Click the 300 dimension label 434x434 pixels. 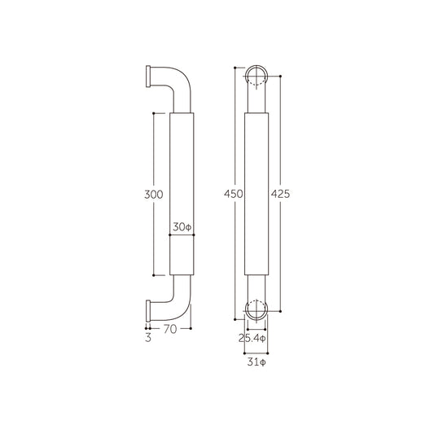[x=153, y=195]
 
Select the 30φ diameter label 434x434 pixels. [x=181, y=227]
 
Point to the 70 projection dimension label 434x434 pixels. [x=170, y=330]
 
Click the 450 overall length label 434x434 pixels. [x=234, y=195]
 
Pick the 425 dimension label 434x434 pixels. [x=281, y=195]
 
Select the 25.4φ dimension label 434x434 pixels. [x=256, y=337]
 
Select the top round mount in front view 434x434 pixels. [x=256, y=77]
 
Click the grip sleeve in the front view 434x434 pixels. [x=256, y=195]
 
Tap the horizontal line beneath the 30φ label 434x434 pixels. [x=181, y=236]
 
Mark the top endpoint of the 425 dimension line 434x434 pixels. [x=281, y=77]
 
